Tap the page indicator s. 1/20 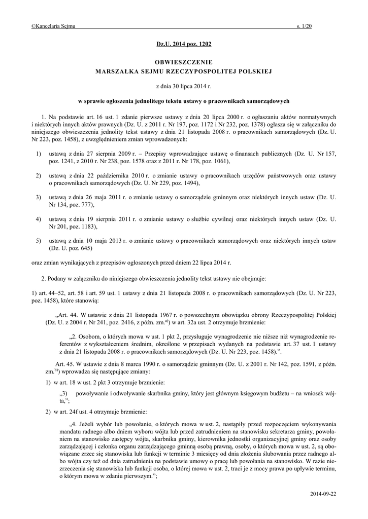[x=304, y=26]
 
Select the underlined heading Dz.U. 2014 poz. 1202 [x=184, y=45]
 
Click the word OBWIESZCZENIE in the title [x=184, y=62]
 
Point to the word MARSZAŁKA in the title [x=117, y=71]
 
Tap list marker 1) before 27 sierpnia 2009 [x=38, y=153]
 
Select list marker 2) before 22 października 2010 [x=38, y=175]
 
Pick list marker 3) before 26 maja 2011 [x=38, y=197]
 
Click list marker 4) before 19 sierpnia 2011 [x=38, y=218]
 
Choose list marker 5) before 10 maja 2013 [x=38, y=240]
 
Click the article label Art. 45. [x=63, y=364]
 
